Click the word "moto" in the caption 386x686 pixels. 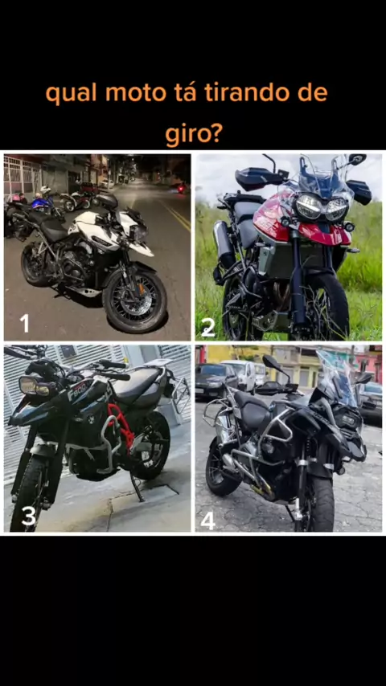pos(136,93)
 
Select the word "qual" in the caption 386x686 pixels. pos(72,94)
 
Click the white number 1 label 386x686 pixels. pos(25,323)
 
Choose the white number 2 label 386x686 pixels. pos(207,327)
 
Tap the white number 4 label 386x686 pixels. pos(207,521)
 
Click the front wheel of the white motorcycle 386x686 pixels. pos(135,300)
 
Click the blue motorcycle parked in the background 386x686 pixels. pos(43,202)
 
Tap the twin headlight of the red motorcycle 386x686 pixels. pos(322,207)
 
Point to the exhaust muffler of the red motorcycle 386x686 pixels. pos(223,244)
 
